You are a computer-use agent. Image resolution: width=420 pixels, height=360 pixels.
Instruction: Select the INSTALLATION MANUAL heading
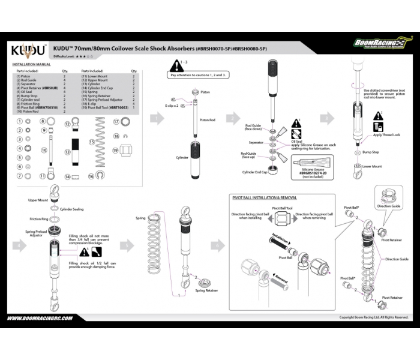(31, 64)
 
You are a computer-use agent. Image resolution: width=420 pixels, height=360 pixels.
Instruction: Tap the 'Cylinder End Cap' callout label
(254, 172)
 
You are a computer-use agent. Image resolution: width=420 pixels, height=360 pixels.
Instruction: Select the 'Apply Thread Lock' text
(385, 136)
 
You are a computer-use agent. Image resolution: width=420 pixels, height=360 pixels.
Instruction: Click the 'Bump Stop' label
(370, 152)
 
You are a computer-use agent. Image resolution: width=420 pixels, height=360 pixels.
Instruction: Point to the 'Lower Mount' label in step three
(372, 167)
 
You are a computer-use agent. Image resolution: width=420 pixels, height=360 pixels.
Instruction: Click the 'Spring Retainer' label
(206, 290)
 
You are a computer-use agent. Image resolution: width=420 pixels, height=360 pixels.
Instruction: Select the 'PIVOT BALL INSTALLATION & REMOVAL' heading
(263, 197)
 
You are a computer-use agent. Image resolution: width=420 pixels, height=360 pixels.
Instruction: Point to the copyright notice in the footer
(374, 317)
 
